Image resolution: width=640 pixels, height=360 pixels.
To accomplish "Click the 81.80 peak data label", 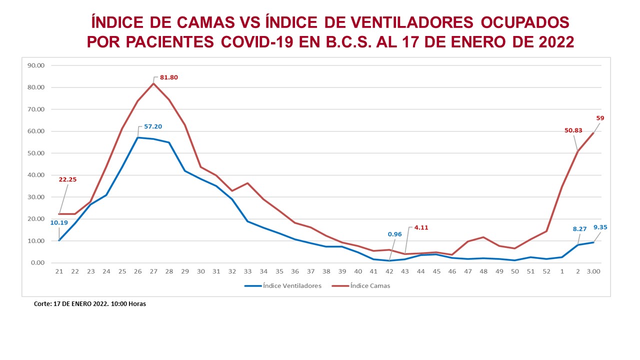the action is [x=169, y=77].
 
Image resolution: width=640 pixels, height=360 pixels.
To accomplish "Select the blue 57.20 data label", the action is [x=153, y=126].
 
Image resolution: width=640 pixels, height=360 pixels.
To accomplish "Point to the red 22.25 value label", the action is [x=67, y=179].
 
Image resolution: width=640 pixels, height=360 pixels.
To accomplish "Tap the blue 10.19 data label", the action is [x=59, y=222].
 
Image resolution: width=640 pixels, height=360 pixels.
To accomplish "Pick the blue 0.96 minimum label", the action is [x=394, y=234].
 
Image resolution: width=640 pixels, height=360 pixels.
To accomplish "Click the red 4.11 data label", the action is [x=421, y=227].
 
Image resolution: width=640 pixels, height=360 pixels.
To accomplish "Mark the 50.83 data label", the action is [x=573, y=130].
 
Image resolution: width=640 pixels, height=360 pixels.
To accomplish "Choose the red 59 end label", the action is [x=600, y=118].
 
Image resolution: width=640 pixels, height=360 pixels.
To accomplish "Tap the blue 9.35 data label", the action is [x=600, y=227].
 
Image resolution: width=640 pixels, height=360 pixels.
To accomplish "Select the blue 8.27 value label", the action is [x=579, y=229].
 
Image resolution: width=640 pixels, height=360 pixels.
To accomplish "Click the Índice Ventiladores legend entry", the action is [x=283, y=285].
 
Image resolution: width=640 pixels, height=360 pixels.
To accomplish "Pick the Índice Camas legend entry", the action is [x=361, y=285].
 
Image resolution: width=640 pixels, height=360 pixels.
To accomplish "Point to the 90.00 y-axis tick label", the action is [x=36, y=65].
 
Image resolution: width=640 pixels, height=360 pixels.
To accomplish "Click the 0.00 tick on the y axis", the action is [x=37, y=263].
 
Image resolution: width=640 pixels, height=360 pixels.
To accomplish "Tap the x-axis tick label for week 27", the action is [x=153, y=271].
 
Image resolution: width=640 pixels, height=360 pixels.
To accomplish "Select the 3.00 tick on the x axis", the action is [x=593, y=271].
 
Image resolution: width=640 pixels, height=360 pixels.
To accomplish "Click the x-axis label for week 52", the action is [x=546, y=271].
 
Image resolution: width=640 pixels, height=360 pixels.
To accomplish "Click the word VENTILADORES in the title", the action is [x=412, y=22].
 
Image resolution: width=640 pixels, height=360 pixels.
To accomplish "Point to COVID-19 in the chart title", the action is [x=257, y=42].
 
